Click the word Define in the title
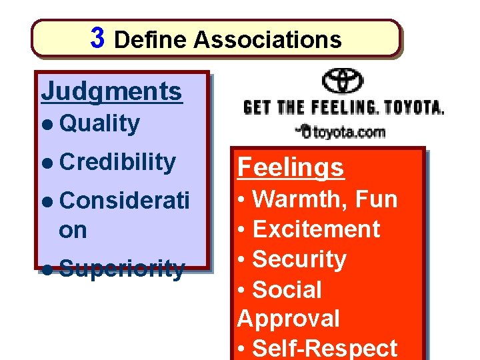(x=151, y=40)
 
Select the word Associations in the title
(x=267, y=40)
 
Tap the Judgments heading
(x=111, y=91)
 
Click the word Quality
(x=100, y=123)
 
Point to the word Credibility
(x=117, y=161)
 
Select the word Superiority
(x=121, y=268)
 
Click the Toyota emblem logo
(x=343, y=81)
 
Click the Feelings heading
(x=291, y=167)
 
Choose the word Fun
(x=376, y=199)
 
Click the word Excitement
(x=317, y=229)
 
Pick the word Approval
(x=288, y=318)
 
